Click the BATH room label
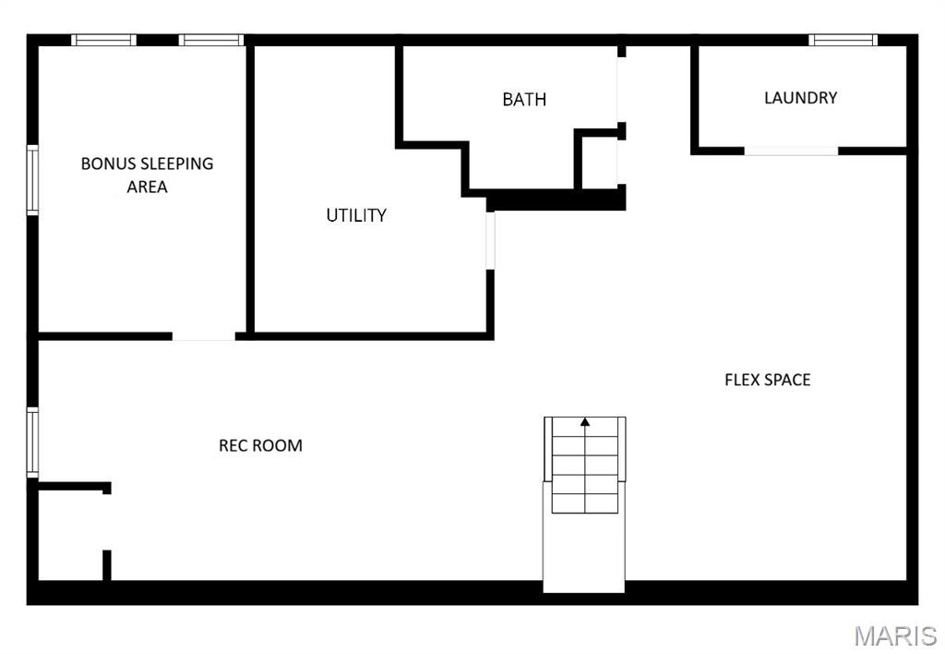pos(524,99)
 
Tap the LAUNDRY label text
pos(800,98)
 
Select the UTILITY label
pos(356,215)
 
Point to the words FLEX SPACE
pos(767,380)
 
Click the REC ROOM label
pos(260,445)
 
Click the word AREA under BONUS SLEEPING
pos(147,187)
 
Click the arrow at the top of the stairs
pos(585,423)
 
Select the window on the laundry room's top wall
pos(843,40)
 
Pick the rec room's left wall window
pos(32,442)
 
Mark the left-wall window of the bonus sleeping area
pos(32,180)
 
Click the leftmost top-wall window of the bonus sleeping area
pos(103,40)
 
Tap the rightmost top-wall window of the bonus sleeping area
pos(210,40)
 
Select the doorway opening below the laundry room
pos(791,151)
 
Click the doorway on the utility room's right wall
pos(490,240)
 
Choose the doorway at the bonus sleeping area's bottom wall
pos(203,336)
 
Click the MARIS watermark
pos(894,636)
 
